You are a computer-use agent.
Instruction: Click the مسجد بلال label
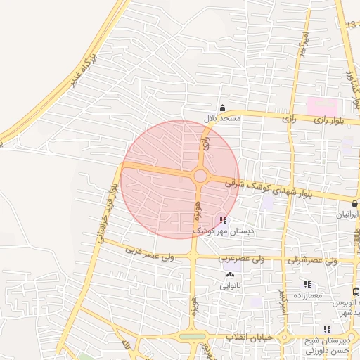(222, 119)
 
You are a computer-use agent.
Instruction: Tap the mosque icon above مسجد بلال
(223, 108)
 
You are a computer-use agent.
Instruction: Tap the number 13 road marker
(350, 25)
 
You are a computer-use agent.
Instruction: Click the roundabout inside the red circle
(200, 176)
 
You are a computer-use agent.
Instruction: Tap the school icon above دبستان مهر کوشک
(224, 220)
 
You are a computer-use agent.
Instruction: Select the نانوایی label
(231, 285)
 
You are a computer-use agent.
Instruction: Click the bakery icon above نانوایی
(231, 275)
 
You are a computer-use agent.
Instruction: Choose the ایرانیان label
(345, 214)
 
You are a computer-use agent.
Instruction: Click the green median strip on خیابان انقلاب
(189, 337)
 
